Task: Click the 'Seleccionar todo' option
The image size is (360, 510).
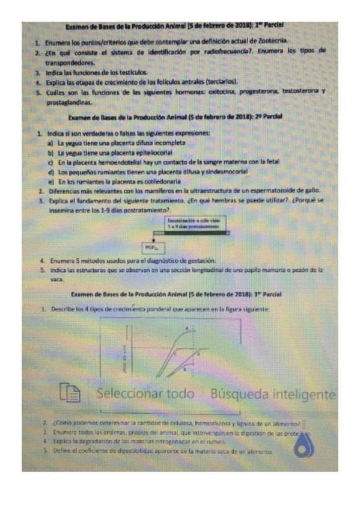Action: click(145, 394)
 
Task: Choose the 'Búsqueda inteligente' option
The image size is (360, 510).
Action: click(272, 394)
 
